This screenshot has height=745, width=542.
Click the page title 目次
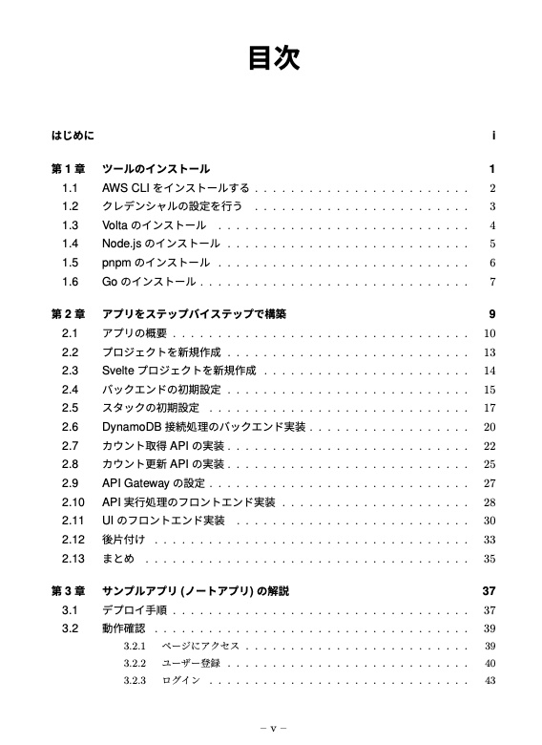[274, 59]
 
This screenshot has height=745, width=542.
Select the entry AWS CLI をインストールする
[176, 188]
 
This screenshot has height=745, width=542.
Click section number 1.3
[70, 225]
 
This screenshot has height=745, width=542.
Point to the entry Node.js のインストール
[161, 245]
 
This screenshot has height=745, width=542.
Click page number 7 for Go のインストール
[491, 282]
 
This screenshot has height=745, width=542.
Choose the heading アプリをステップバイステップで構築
[194, 314]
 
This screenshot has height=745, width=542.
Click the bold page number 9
[491, 314]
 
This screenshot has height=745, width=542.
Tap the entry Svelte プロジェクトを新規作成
[178, 371]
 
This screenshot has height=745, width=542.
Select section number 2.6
[70, 427]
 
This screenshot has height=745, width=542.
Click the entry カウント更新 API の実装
[163, 464]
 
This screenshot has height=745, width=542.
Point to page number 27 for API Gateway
[490, 483]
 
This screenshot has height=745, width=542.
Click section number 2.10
[73, 502]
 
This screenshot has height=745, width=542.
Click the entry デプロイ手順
[135, 610]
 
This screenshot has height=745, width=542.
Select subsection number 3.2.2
[134, 663]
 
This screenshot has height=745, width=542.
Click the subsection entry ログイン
[181, 681]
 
